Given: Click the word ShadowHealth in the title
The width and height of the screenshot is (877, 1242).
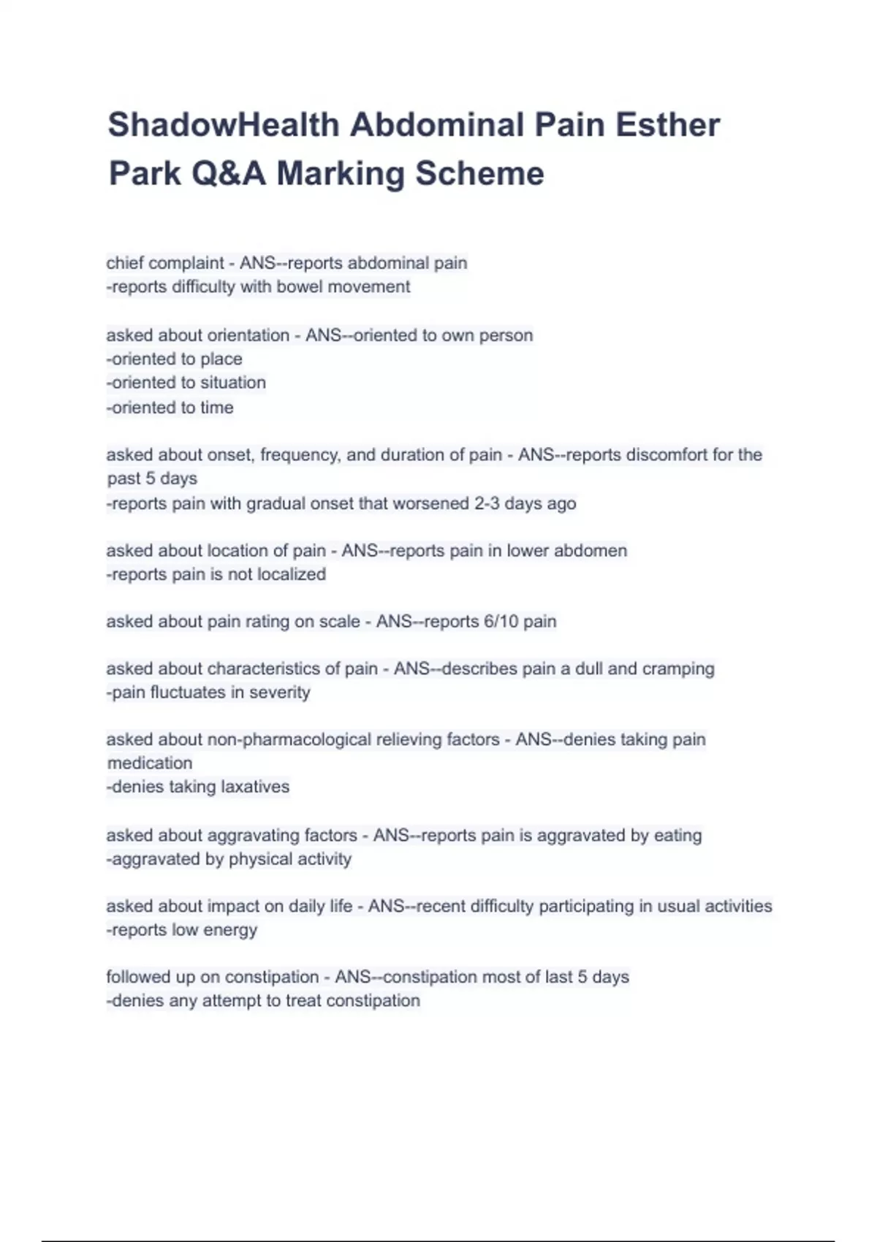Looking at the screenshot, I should (x=224, y=125).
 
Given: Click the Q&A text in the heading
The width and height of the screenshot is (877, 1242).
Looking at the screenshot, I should (x=224, y=174).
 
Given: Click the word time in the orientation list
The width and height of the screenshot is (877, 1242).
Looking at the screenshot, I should (x=217, y=408).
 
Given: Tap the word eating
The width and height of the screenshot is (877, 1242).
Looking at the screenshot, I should (x=677, y=835).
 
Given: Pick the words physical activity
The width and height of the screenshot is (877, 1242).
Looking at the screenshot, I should (x=290, y=859).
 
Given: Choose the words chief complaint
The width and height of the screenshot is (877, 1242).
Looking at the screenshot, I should (x=165, y=263).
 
